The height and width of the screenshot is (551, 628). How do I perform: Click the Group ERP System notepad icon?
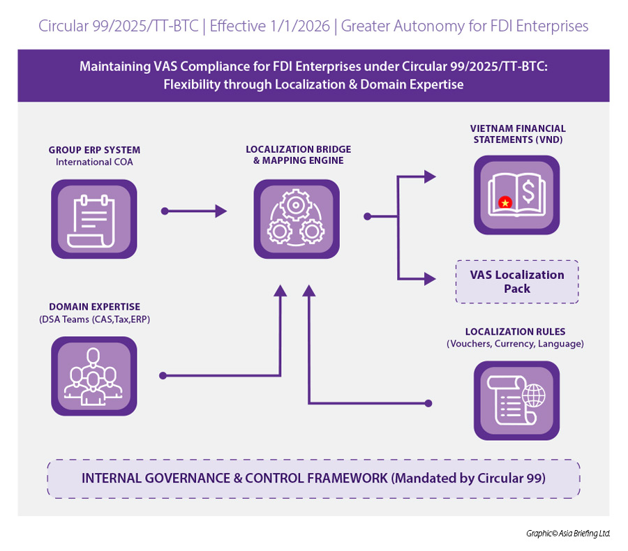click(x=94, y=219)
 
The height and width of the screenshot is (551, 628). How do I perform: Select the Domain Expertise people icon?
click(x=94, y=376)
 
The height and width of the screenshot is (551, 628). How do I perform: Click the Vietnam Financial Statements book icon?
click(x=516, y=195)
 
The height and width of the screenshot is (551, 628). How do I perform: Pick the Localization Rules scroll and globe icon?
click(x=516, y=400)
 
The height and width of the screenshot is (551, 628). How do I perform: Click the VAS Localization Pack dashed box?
click(x=516, y=282)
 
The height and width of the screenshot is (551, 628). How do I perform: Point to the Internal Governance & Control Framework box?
click(x=313, y=478)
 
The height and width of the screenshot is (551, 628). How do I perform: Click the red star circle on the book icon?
click(x=505, y=203)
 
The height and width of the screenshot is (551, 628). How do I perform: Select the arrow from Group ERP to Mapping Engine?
click(x=195, y=211)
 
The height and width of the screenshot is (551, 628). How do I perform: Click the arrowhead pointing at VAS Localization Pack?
click(x=430, y=279)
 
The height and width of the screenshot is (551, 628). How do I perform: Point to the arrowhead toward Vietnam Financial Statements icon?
click(x=430, y=177)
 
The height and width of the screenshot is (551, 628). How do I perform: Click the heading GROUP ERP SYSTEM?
click(x=94, y=150)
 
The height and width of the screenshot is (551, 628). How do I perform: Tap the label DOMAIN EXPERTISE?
click(x=94, y=307)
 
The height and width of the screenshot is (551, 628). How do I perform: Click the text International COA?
click(x=94, y=162)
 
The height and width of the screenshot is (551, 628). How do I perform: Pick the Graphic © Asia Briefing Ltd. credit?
click(x=568, y=534)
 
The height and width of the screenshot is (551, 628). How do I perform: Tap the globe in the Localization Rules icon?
click(x=534, y=396)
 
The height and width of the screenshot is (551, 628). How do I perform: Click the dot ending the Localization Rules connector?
click(x=428, y=403)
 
